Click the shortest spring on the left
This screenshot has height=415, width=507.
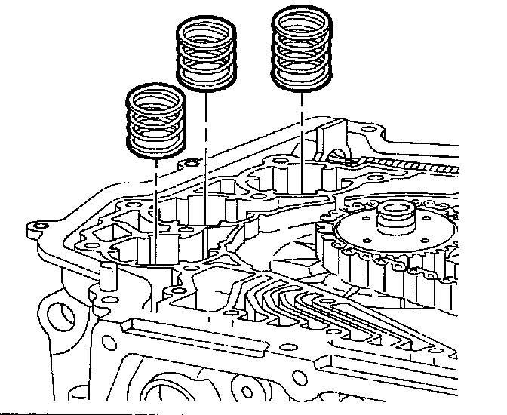pyautogui.click(x=155, y=121)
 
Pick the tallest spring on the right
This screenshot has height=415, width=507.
pyautogui.click(x=302, y=47)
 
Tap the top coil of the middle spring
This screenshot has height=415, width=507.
pyautogui.click(x=206, y=29)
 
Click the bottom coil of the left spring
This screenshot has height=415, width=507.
pyautogui.click(x=155, y=148)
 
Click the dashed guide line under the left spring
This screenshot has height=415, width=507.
pyautogui.click(x=155, y=196)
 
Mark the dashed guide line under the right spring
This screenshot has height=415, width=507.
pyautogui.click(x=302, y=136)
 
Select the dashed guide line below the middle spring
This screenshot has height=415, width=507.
pyautogui.click(x=206, y=151)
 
